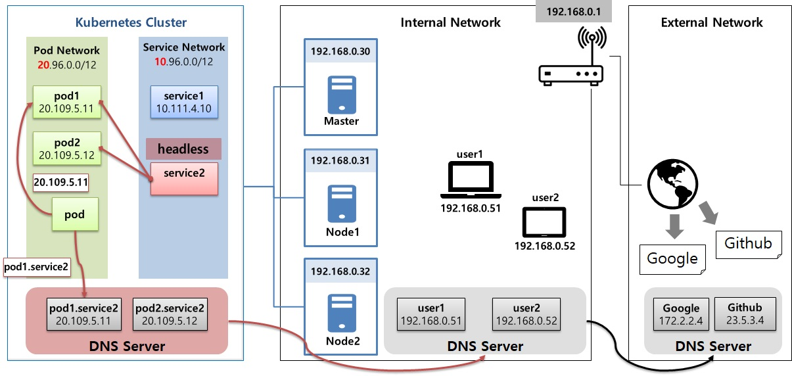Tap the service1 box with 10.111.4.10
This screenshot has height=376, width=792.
tap(183, 101)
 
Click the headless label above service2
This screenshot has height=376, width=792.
tap(183, 149)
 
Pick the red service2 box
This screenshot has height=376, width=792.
tap(183, 177)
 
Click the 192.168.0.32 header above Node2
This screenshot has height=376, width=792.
tap(341, 270)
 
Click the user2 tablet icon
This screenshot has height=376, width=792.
tap(544, 222)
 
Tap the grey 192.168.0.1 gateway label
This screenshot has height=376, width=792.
tap(569, 12)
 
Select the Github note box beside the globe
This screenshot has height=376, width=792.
tap(748, 245)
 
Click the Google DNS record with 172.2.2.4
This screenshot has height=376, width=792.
tap(681, 314)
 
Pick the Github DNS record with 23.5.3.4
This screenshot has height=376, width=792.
tap(745, 314)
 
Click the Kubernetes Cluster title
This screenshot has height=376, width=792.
tap(131, 22)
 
